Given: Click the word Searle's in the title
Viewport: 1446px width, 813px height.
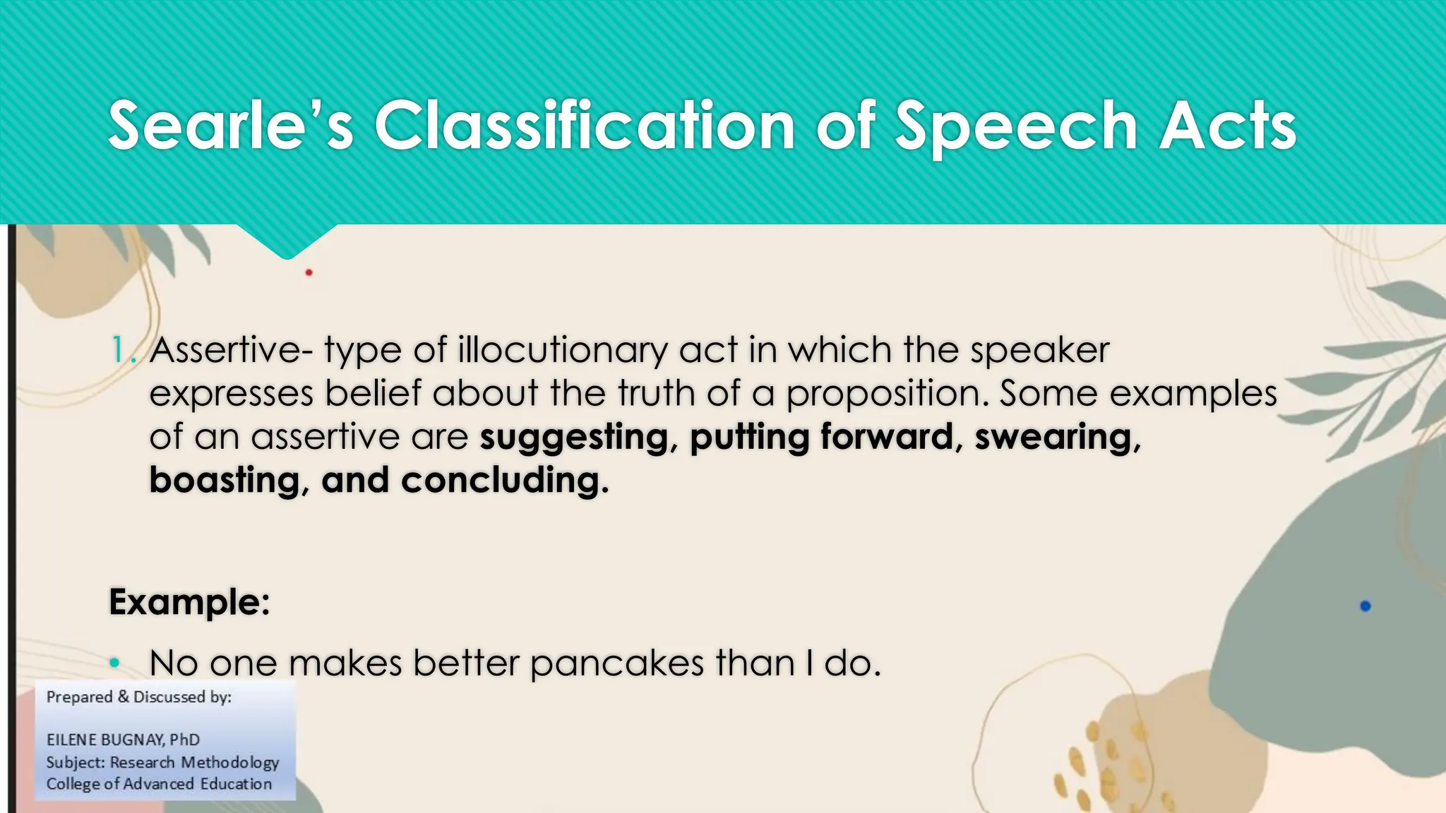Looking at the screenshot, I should click(x=230, y=126).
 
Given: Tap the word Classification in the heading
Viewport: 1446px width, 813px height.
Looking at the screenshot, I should click(x=585, y=126).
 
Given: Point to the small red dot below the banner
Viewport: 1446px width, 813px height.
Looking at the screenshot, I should click(x=309, y=272).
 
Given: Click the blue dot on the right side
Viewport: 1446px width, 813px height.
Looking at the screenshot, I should click(x=1365, y=606).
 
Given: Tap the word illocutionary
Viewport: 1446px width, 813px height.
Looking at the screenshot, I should click(x=562, y=350).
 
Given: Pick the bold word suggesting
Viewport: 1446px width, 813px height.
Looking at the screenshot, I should click(x=573, y=438).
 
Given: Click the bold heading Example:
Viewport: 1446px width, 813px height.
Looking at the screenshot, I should click(x=189, y=602).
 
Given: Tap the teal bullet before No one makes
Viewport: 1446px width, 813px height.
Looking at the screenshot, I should click(x=115, y=663).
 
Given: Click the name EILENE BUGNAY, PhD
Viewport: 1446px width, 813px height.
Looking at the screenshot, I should click(x=123, y=740).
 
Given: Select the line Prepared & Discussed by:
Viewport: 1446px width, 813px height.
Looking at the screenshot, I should click(x=138, y=697).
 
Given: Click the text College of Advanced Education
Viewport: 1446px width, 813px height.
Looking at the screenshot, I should click(x=159, y=784).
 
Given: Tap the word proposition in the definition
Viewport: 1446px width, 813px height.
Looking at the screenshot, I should click(x=886, y=394).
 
